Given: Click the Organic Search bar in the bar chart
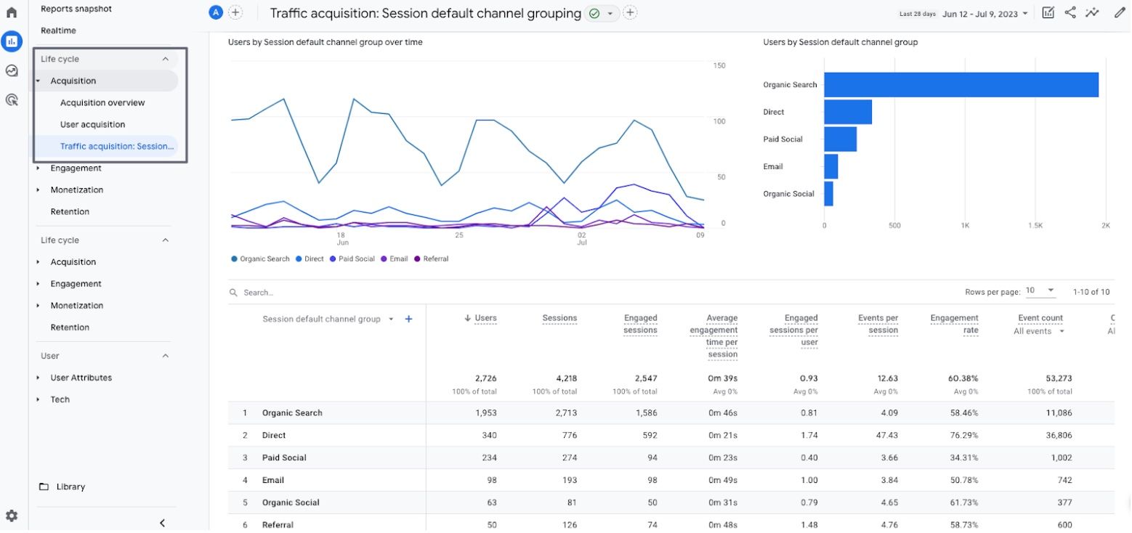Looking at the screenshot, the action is click(x=961, y=84).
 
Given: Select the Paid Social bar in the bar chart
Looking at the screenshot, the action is click(x=840, y=139).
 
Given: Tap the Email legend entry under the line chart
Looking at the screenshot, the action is click(x=395, y=259).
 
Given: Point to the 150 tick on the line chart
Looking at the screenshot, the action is click(x=719, y=65).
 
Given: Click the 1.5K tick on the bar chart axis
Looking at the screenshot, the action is click(x=1035, y=225).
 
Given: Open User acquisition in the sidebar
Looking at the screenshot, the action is click(x=92, y=124).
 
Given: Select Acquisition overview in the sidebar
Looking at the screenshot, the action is click(x=102, y=102).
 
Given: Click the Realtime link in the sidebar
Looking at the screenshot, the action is click(x=58, y=30).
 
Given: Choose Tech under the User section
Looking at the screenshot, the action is click(x=60, y=399).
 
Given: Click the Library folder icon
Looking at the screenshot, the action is click(x=44, y=487).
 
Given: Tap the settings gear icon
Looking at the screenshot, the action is click(x=12, y=516).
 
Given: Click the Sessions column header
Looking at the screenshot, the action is click(x=559, y=318).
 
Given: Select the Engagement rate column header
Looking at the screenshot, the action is click(x=954, y=324).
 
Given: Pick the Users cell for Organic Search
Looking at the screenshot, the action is click(x=485, y=412).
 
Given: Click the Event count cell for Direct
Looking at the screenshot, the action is click(x=1058, y=435).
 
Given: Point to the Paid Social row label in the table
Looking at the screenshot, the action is click(x=284, y=457).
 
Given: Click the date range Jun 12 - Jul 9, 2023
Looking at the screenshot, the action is click(x=979, y=14).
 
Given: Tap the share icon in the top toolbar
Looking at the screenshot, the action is click(x=1070, y=12).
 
